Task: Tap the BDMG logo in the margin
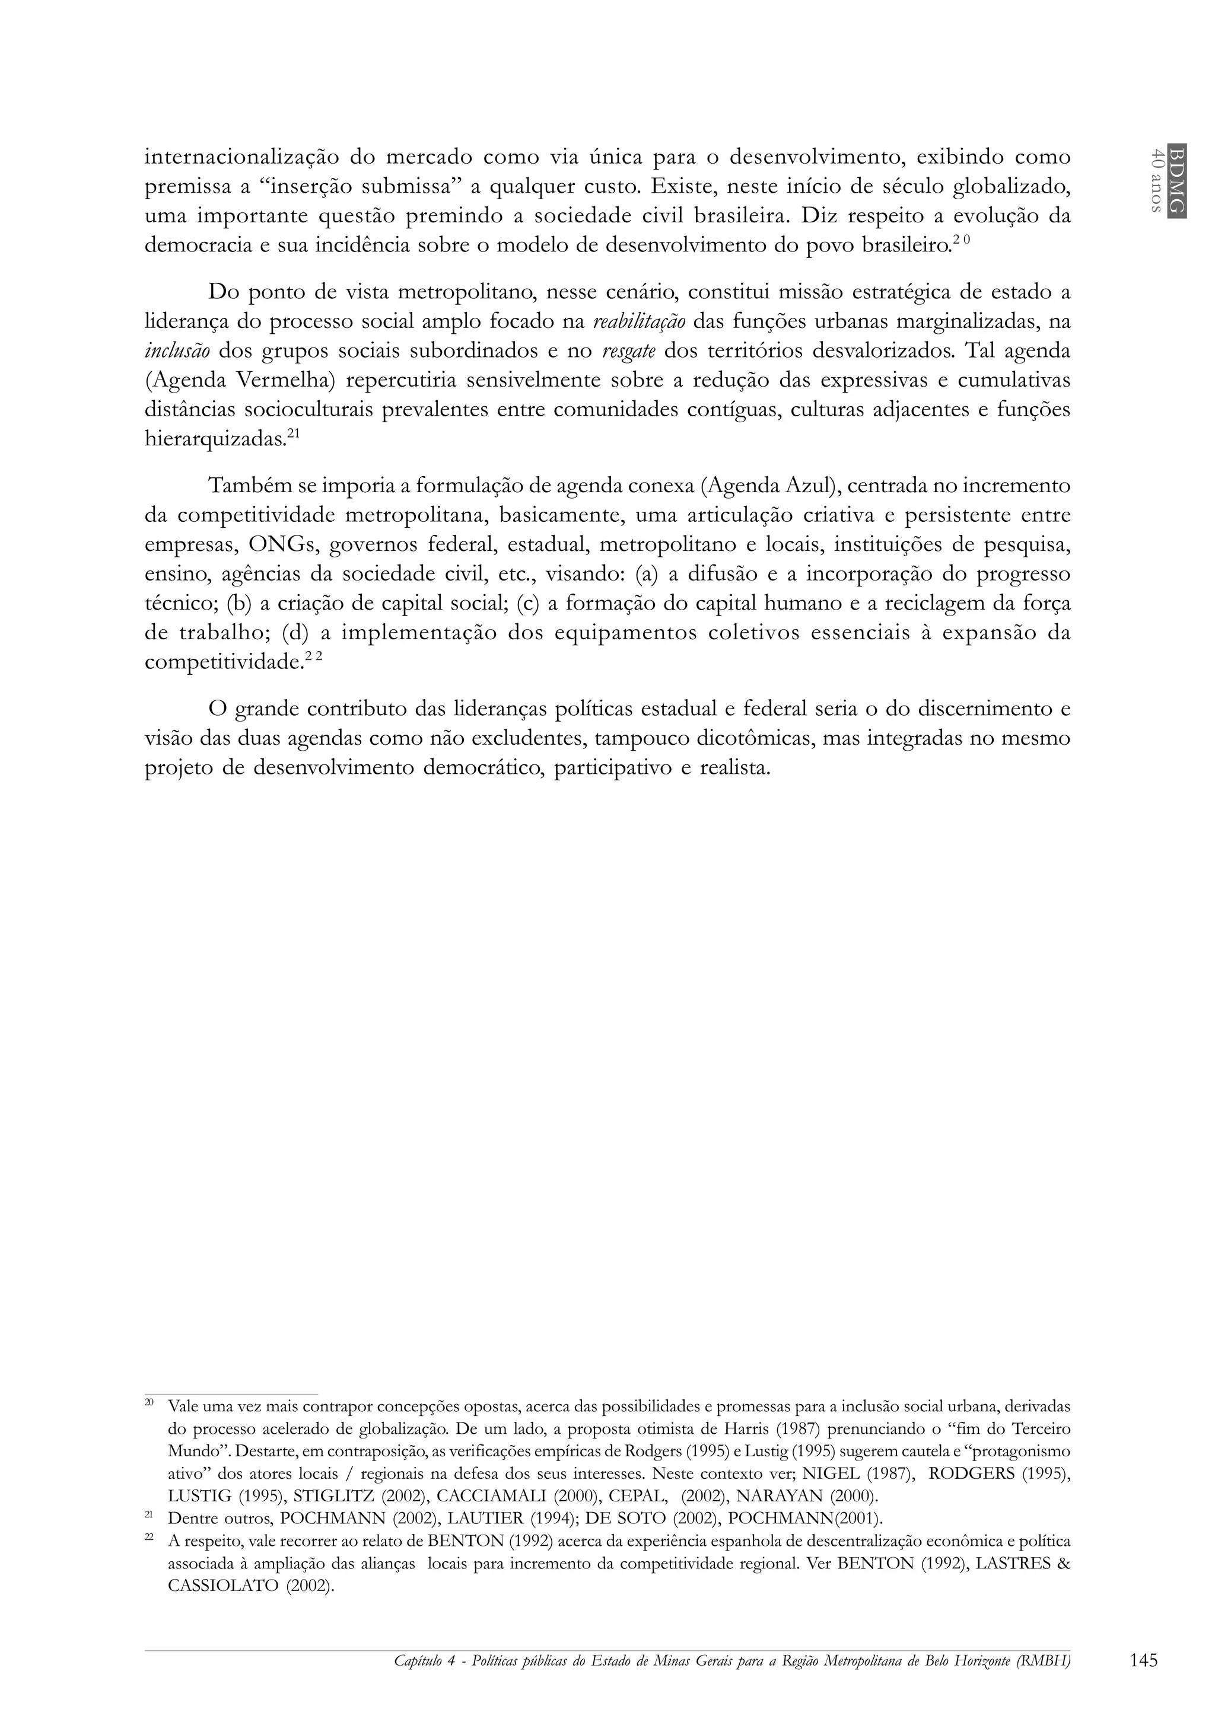[x=1176, y=180]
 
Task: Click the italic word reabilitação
[x=640, y=322]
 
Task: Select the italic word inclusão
[x=177, y=352]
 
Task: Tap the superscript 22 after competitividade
[x=314, y=658]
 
